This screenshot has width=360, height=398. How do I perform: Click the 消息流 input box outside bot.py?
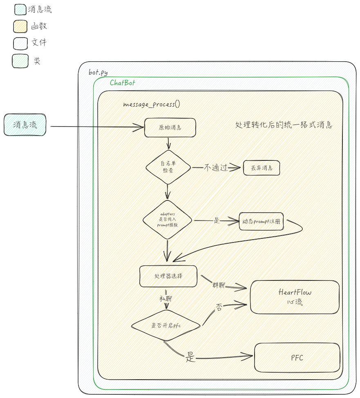coord(25,125)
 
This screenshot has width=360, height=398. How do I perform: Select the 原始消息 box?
coord(170,127)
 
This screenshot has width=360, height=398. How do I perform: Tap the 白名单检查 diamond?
coord(168,167)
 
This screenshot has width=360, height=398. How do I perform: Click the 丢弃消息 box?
coord(262,168)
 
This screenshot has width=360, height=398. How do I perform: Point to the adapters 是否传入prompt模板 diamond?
coord(168,220)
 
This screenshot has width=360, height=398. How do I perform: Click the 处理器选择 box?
coord(168,276)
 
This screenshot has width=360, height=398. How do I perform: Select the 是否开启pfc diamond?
coord(166,325)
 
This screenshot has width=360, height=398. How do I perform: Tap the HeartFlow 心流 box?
coord(295,297)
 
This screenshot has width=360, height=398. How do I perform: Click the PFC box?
coord(297,358)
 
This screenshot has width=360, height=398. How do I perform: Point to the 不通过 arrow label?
coord(216,167)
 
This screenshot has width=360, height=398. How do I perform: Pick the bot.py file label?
coord(98,72)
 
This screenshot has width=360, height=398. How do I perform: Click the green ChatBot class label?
coord(122,83)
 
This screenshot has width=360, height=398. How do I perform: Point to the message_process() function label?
coord(151,104)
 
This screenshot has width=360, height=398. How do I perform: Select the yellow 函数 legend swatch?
coord(20,27)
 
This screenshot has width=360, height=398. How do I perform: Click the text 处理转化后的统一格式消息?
coord(284,125)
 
